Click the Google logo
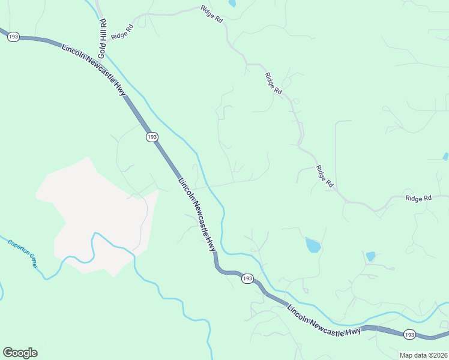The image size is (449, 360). [x=20, y=353]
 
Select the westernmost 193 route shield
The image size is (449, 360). [x=14, y=37]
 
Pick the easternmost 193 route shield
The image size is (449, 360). [x=409, y=334]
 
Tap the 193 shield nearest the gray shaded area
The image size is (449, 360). [x=152, y=137]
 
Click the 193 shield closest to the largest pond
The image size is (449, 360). [x=247, y=279]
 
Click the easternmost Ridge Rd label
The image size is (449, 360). [x=418, y=198]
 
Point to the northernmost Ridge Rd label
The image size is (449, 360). [x=211, y=14]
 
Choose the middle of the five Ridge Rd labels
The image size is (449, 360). [x=273, y=83]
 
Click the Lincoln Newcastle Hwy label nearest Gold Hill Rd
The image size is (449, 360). [x=94, y=69]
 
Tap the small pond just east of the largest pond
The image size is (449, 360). [x=370, y=256]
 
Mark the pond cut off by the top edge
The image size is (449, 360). [x=232, y=3]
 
